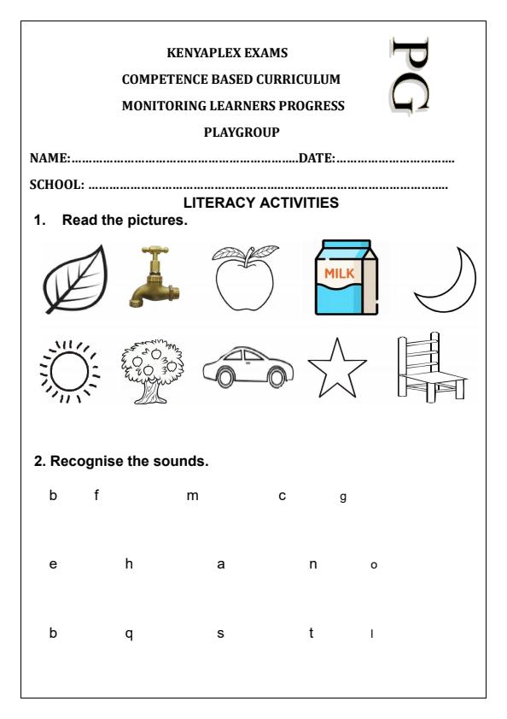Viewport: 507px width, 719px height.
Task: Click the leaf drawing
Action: click(74, 278)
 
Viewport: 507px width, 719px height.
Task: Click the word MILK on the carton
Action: click(337, 273)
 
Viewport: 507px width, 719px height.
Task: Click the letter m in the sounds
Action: click(192, 497)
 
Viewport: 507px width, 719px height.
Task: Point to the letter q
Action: click(129, 634)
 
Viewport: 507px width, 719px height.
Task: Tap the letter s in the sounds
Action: click(220, 634)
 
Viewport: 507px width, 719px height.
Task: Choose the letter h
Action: click(129, 564)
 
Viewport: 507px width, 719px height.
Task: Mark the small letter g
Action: click(342, 498)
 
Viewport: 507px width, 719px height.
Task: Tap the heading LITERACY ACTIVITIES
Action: click(261, 203)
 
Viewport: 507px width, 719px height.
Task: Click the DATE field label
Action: click(316, 159)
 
